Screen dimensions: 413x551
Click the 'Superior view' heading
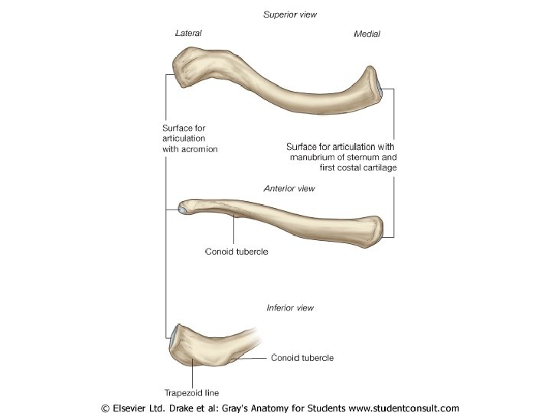[x=289, y=15]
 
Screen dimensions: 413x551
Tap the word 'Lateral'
[x=188, y=34]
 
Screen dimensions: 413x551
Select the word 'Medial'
[x=367, y=34]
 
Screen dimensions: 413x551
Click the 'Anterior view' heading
[x=289, y=188]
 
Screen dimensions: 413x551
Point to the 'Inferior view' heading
[x=290, y=308]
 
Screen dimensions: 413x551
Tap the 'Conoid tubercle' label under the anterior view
[x=236, y=251]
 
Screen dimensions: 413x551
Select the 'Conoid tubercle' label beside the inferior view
[x=303, y=358]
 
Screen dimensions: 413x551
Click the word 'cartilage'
[x=377, y=167]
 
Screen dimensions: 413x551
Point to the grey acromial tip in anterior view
[x=183, y=206]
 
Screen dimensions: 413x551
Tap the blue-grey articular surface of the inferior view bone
[x=175, y=333]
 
